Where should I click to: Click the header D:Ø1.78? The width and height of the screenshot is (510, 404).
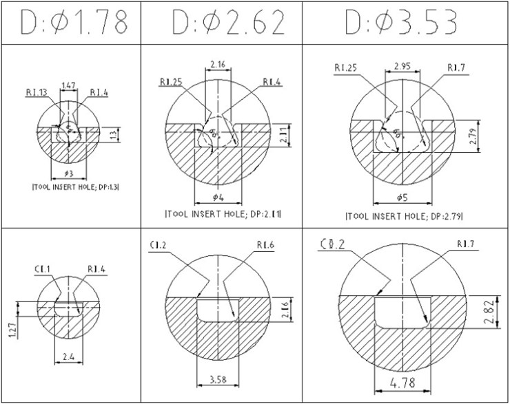[74, 23]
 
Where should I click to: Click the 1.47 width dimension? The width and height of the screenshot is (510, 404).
[69, 85]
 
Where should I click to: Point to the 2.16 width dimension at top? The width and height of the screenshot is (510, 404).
[218, 64]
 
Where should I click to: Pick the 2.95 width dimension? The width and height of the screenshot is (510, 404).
[403, 67]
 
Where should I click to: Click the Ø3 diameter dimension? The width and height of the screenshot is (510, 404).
[68, 173]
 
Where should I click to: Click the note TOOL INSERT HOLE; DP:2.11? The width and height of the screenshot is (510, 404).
[223, 215]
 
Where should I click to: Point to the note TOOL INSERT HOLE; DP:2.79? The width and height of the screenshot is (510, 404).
[405, 216]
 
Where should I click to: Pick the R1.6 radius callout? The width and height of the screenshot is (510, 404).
[266, 244]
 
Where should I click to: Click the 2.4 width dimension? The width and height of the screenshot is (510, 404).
[68, 357]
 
